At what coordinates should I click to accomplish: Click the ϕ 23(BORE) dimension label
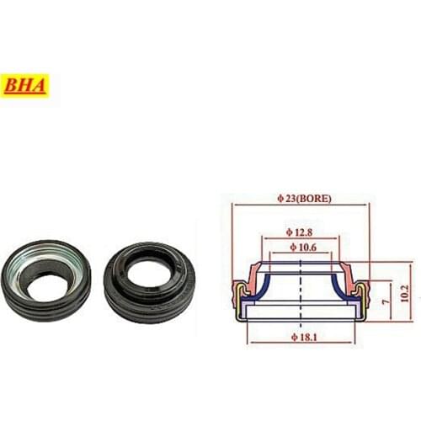(304, 199)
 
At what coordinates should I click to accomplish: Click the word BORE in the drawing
(316, 199)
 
